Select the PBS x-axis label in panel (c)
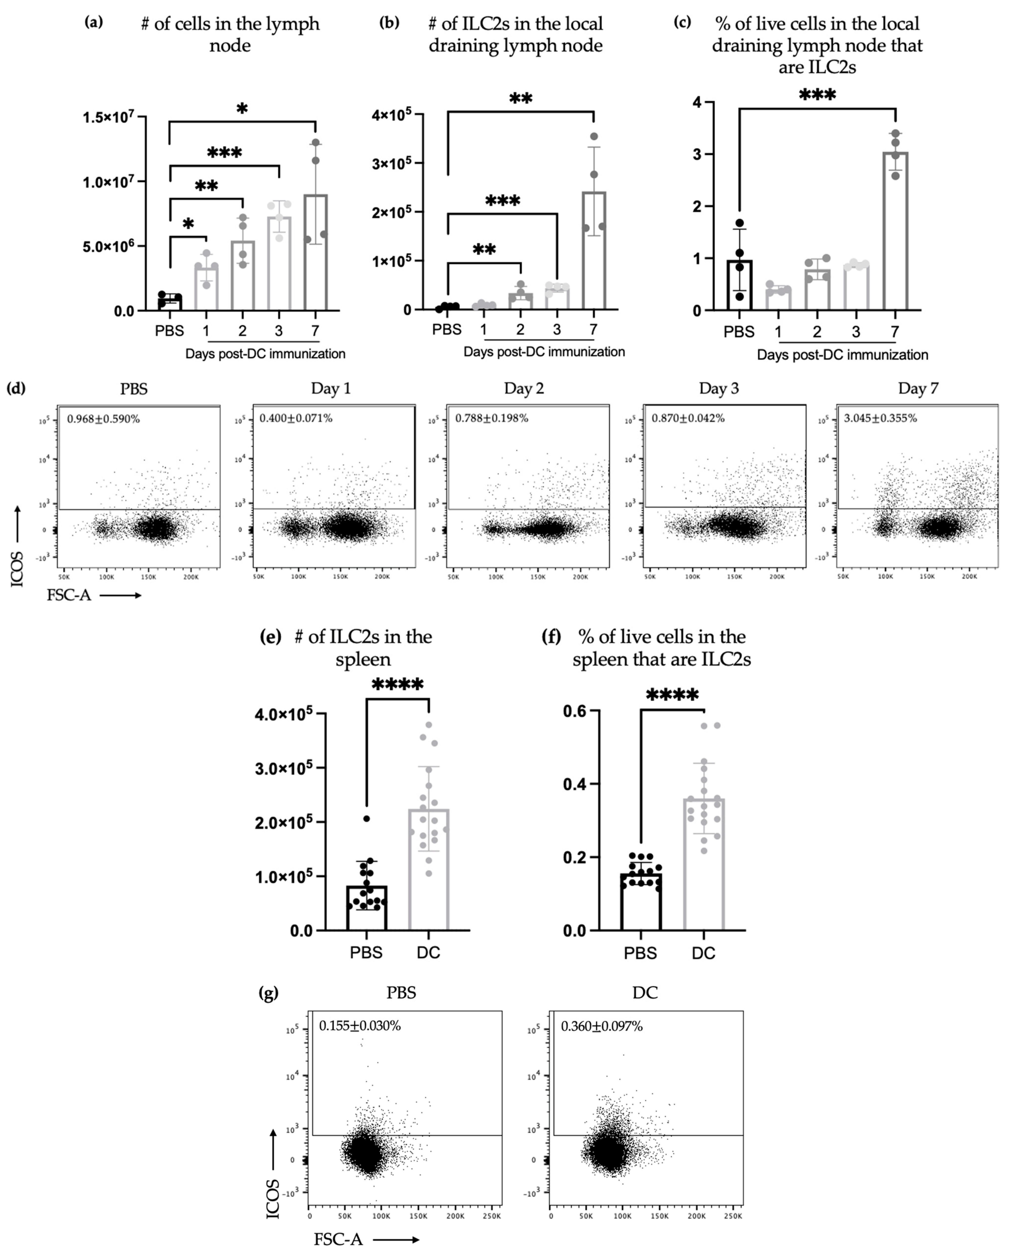coord(739,332)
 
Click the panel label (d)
coord(16,388)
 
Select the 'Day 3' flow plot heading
coord(719,389)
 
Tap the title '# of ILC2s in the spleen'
coord(363,648)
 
